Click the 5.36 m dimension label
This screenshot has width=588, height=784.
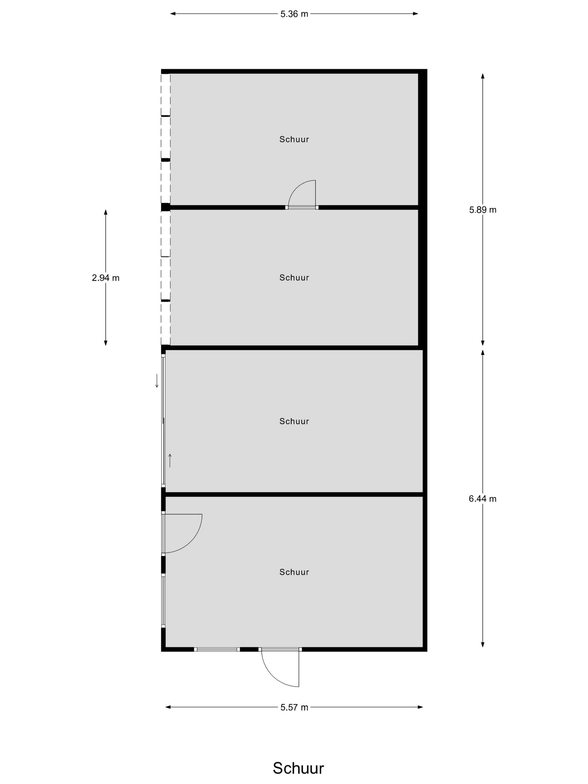click(x=294, y=14)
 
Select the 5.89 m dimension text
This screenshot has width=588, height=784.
click(x=483, y=210)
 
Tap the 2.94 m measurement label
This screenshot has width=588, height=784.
click(x=106, y=278)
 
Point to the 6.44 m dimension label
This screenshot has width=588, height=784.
click(x=483, y=499)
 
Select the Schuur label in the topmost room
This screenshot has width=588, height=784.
click(x=294, y=139)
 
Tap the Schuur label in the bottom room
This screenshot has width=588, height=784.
click(x=294, y=572)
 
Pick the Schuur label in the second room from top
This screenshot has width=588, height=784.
click(x=294, y=277)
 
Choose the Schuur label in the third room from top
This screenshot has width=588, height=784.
click(x=294, y=421)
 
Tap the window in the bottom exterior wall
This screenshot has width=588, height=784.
click(x=217, y=649)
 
